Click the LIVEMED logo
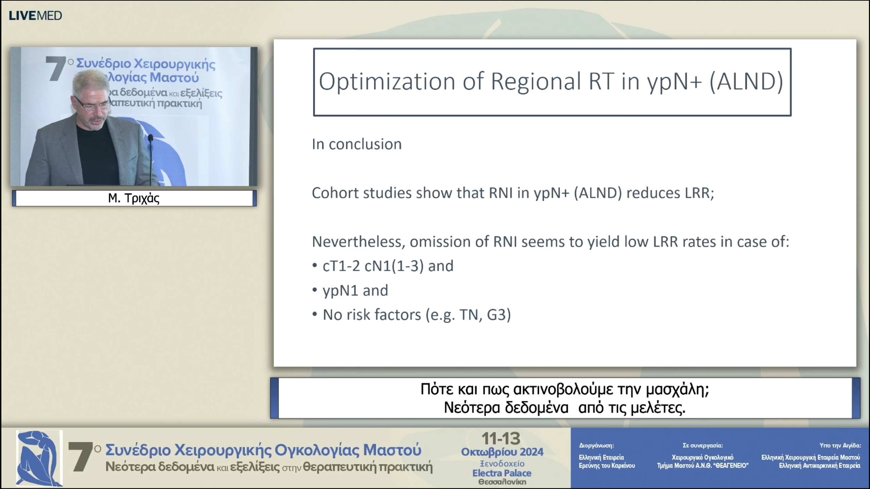coord(35,16)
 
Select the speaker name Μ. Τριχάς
coord(134,198)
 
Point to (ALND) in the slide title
coord(746,81)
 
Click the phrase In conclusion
coord(357,144)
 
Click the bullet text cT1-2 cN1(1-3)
coord(373,266)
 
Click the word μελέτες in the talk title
coord(658,408)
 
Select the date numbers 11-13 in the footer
coord(501,439)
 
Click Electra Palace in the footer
coord(502,473)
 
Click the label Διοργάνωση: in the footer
coord(596,446)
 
